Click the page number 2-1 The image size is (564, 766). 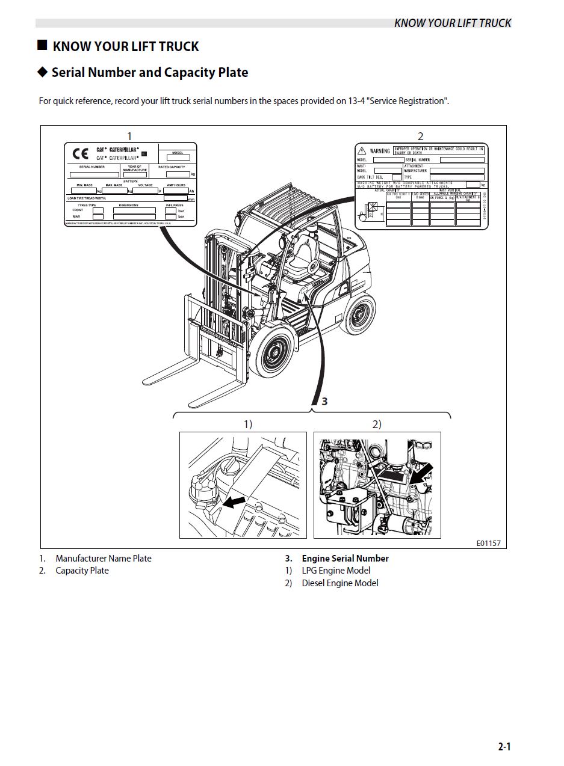click(504, 747)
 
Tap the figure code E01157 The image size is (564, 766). click(488, 543)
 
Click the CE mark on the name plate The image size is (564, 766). click(80, 153)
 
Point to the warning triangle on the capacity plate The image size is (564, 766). click(362, 150)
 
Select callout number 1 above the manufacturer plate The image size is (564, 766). click(129, 136)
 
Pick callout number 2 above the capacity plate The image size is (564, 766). click(420, 136)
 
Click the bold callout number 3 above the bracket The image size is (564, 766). click(324, 401)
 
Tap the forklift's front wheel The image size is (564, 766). click(277, 352)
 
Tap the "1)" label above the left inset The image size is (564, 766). click(247, 424)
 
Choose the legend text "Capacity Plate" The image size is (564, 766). click(82, 571)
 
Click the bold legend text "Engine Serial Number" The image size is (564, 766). click(345, 559)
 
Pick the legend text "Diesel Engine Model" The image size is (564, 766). click(340, 583)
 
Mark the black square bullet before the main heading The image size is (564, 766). click(42, 46)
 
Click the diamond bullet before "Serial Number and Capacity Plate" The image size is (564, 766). click(42, 72)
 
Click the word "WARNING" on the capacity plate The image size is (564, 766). click(380, 150)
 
